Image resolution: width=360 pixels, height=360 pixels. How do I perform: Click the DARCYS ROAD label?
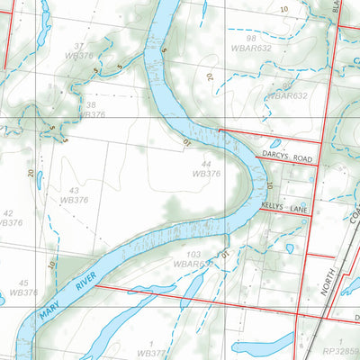(287, 155)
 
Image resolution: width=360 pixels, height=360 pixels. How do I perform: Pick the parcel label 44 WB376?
(207, 168)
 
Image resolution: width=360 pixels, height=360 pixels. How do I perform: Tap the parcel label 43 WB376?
(74, 195)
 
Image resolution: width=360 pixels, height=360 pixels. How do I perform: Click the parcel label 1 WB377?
(153, 348)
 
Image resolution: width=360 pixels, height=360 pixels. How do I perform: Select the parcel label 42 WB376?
(7, 218)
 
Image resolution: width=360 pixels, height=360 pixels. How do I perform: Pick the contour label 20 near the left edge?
(31, 173)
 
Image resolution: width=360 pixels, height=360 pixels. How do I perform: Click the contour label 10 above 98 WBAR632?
(284, 9)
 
